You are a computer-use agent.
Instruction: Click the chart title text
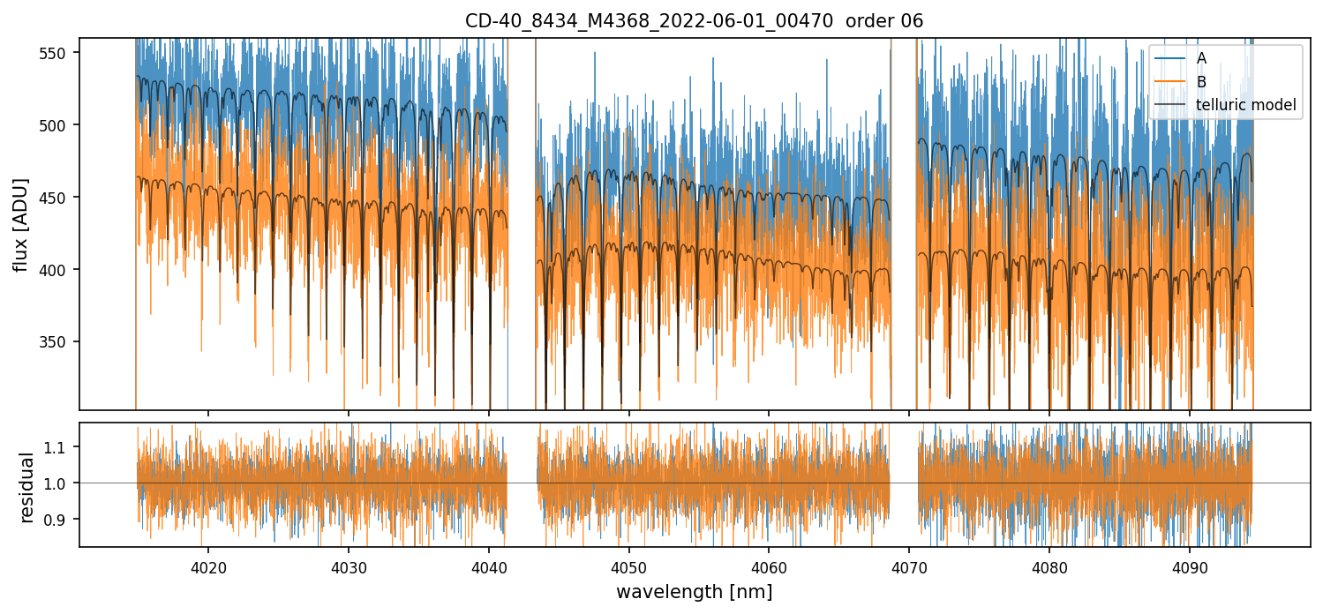[x=694, y=21]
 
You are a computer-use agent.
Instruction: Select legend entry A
[x=1201, y=58]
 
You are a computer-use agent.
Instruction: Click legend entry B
[x=1201, y=82]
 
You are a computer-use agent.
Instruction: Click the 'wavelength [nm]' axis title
[x=694, y=592]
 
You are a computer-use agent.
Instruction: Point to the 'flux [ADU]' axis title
[x=21, y=224]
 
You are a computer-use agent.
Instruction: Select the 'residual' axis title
[x=27, y=487]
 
